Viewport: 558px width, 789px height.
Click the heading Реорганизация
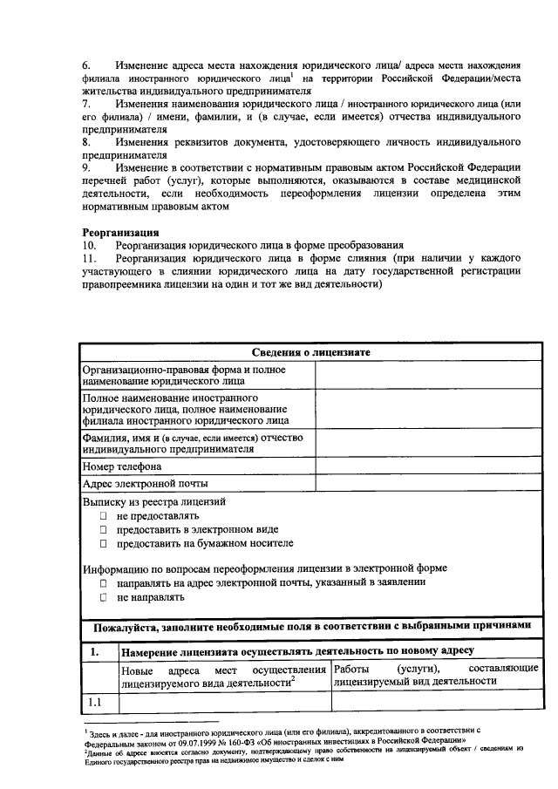pos(120,233)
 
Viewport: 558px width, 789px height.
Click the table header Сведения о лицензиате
pos(311,351)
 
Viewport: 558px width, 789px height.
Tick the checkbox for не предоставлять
pos(102,516)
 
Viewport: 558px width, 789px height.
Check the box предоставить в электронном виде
pos(102,530)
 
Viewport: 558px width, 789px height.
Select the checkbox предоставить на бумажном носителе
pos(102,544)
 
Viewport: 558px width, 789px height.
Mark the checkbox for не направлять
pos(102,599)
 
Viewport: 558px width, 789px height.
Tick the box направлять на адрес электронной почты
pos(102,582)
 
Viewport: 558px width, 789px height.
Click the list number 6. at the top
pos(87,66)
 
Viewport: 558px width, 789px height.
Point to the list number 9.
pos(87,167)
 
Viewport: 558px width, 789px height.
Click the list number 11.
pos(89,259)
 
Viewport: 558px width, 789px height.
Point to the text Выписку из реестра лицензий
pos(154,502)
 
